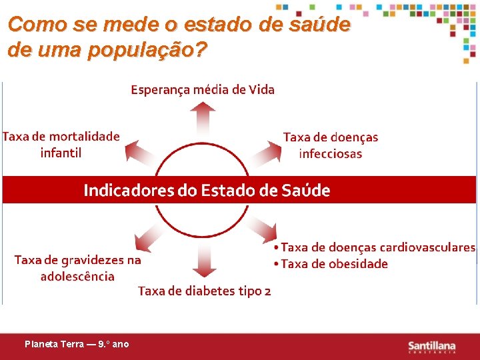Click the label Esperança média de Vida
pos(202,89)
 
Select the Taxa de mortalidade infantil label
pos(61,145)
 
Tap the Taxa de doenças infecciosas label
pos(330,145)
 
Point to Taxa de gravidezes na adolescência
pos(77,268)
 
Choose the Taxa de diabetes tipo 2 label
pos(204,291)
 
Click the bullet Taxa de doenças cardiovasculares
pos(377,247)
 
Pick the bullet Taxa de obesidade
pos(333,264)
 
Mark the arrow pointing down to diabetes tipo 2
pos(204,259)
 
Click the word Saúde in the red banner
pos(305,191)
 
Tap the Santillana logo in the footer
pos(431,346)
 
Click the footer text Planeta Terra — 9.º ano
pos(77,345)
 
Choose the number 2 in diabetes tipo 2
pos(267,291)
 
